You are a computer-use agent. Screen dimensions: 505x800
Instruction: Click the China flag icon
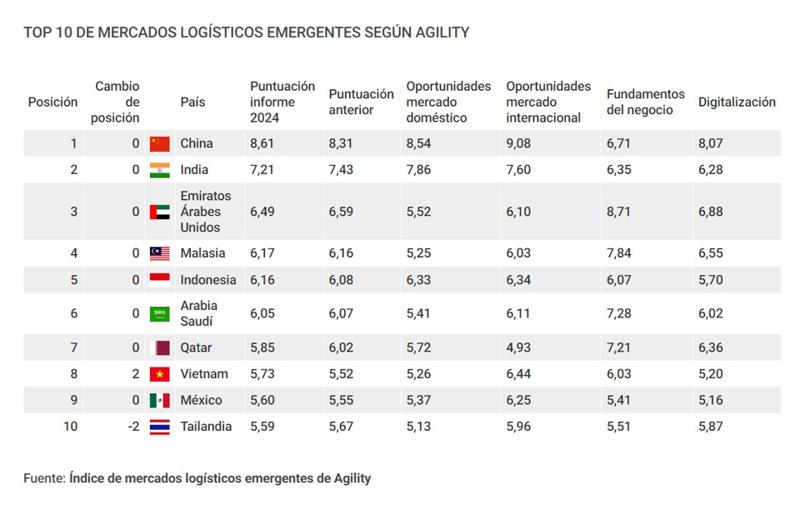[x=159, y=143]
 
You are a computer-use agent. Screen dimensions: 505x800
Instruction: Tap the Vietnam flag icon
[x=159, y=374]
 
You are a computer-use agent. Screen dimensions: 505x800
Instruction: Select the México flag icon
[x=159, y=400]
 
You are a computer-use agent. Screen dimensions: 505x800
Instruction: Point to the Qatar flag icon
[x=159, y=347]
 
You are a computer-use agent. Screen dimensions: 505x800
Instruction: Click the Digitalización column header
[x=737, y=102]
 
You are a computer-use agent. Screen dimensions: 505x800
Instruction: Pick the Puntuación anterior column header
[x=361, y=102]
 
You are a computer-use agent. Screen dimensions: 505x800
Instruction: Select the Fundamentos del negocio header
[x=645, y=102]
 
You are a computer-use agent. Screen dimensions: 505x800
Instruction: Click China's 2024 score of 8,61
[x=262, y=143]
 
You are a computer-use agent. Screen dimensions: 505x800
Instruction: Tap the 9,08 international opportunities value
[x=518, y=143]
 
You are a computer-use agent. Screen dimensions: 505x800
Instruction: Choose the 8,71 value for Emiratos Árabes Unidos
[x=619, y=212]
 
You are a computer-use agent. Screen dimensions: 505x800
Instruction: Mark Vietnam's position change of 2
[x=136, y=374]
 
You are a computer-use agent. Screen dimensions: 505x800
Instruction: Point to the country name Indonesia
[x=208, y=280]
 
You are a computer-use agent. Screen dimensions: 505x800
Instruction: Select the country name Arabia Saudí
[x=199, y=313]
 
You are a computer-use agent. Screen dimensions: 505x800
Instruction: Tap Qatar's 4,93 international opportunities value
[x=518, y=347]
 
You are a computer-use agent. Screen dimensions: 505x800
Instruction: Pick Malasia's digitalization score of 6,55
[x=710, y=253]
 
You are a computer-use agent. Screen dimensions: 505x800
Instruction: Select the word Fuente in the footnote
[x=43, y=478]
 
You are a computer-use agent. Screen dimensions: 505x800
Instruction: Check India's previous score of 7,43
[x=341, y=170]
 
